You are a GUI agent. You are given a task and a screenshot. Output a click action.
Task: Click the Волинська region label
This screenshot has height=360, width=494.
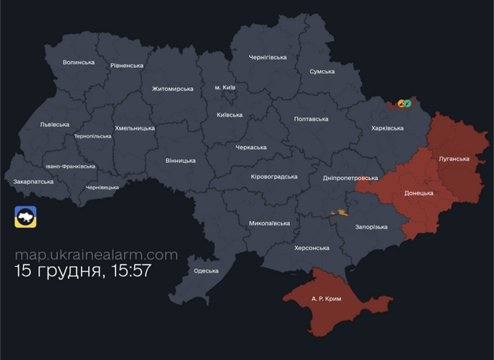point(79,63)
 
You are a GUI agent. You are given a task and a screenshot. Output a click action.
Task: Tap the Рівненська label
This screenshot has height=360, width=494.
point(127,66)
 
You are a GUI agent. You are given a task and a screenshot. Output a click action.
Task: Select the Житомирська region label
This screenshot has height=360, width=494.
point(173,89)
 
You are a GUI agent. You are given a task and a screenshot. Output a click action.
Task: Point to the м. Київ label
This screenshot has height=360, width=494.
point(225,87)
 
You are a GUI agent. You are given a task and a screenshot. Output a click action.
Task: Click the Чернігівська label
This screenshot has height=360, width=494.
point(268,57)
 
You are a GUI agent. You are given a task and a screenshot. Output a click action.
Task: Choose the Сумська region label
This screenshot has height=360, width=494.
point(322,71)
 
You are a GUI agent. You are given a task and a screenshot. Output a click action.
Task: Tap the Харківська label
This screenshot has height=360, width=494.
point(387,128)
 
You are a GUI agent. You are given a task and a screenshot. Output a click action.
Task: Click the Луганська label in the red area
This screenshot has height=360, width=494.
point(453,158)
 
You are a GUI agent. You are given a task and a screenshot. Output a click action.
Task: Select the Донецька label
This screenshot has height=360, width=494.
point(418,193)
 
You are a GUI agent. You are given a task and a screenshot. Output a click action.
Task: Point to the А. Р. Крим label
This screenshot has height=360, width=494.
point(326,298)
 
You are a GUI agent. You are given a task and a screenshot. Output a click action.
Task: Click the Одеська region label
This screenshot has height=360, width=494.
point(206,270)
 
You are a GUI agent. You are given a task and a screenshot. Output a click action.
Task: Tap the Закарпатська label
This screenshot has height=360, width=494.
point(34,182)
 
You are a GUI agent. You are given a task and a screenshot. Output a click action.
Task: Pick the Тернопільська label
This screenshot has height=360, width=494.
point(93,136)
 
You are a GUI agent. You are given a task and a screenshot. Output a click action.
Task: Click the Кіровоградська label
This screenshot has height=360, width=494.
point(274,176)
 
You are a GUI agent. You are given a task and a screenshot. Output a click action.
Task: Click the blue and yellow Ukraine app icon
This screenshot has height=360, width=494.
point(25,217)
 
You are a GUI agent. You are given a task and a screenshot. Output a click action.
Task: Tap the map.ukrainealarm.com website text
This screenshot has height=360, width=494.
point(96,254)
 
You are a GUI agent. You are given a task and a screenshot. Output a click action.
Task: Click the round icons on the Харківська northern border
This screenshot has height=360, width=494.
point(404,103)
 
